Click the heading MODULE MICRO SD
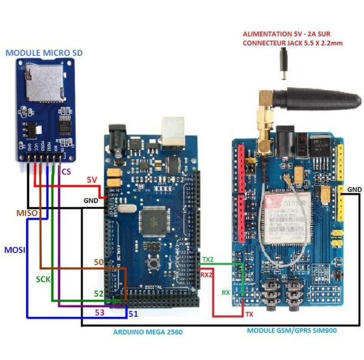click(44, 53)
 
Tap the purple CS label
click(66, 172)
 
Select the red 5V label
click(92, 180)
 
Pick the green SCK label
click(43, 279)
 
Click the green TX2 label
click(207, 259)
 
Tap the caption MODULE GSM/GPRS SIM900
click(291, 330)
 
